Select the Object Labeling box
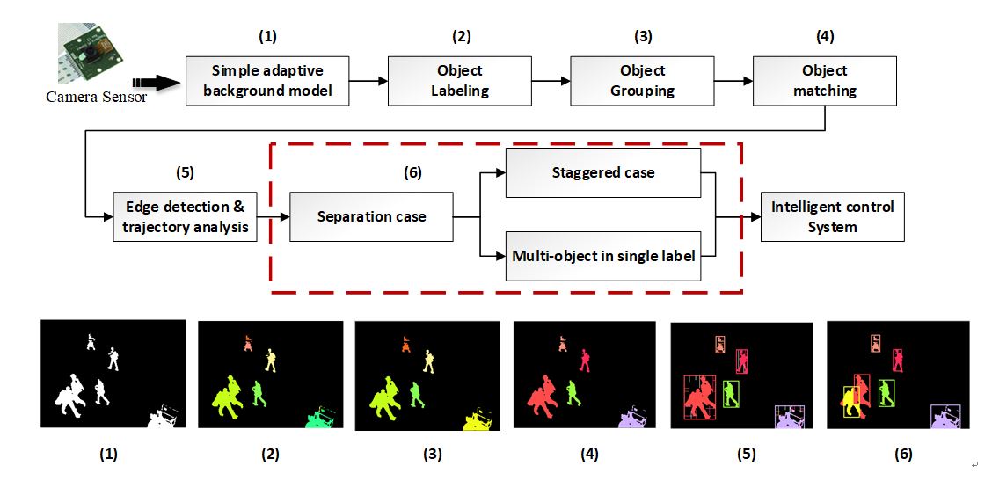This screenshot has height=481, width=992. point(459,81)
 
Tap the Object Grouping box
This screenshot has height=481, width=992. point(642,81)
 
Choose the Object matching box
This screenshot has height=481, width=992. point(824,81)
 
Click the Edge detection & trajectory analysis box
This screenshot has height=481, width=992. point(185,216)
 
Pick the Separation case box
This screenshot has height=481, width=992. point(371,216)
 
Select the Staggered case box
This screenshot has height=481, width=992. point(602,173)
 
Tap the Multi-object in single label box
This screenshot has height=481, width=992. point(602,257)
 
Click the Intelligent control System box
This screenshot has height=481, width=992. point(832,216)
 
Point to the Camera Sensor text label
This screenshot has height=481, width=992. point(97,97)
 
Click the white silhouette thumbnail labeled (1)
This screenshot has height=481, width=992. point(113,374)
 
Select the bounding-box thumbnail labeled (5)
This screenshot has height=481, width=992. point(741,375)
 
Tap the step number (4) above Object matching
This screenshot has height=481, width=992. point(824,37)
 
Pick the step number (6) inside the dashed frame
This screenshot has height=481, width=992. point(411,173)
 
